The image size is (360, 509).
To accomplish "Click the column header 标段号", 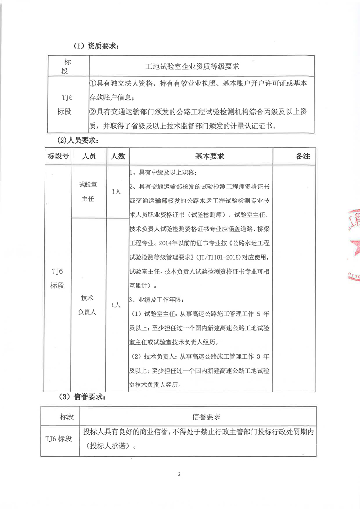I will tap(58, 156).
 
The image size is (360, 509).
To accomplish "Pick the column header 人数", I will tap(117, 156).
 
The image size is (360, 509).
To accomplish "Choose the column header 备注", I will tap(302, 156).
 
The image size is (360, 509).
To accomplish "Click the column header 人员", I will tap(89, 156).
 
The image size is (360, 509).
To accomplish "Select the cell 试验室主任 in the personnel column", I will tap(89, 191).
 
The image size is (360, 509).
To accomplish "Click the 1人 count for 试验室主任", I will tap(116, 192).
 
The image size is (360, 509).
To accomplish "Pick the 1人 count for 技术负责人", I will tap(116, 305).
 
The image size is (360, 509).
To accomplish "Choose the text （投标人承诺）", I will tap(110, 446).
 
